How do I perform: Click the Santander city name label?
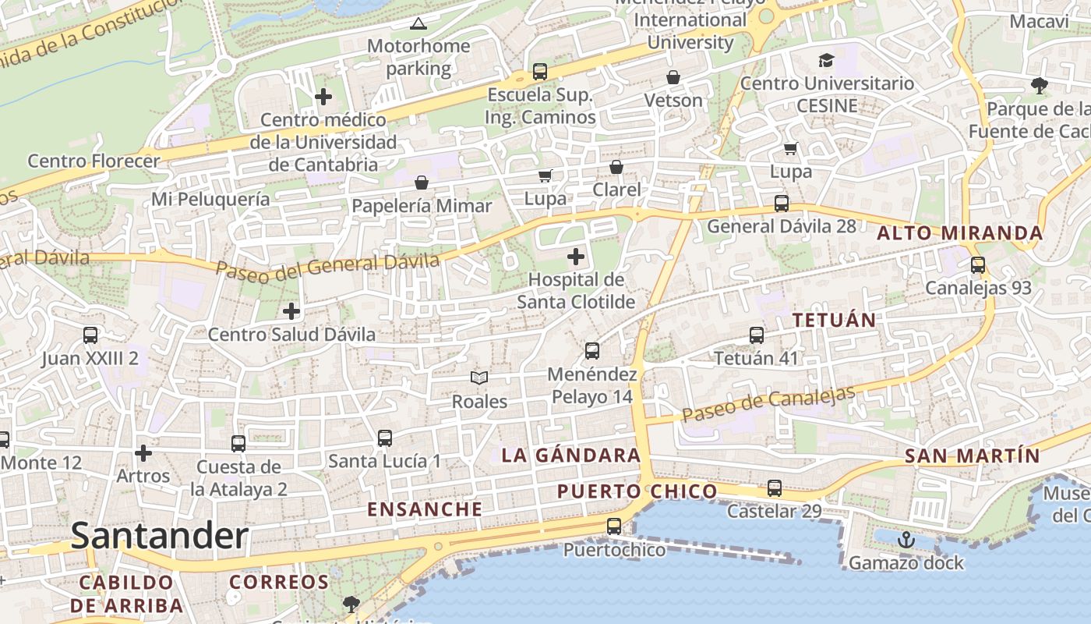pos(160,536)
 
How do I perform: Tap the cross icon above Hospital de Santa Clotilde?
pos(576,256)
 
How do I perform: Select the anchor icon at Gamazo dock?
pos(906,539)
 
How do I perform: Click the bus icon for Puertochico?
pos(614,526)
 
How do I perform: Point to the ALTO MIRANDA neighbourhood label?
pos(960,233)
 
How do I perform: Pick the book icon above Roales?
pos(479,378)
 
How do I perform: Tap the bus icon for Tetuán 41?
pos(757,335)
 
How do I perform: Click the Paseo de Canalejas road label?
pos(768,403)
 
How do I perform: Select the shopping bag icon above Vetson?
pos(673,77)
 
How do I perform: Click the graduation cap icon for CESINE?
pos(826,60)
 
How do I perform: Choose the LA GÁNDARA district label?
pos(571,456)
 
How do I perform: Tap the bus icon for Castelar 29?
pos(774,488)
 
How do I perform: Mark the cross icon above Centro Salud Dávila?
pos(291,311)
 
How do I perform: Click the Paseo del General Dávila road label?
pos(327,266)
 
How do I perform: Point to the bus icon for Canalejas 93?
pos(978,265)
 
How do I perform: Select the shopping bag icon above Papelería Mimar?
pos(422,183)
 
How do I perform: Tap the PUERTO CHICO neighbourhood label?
pos(637,491)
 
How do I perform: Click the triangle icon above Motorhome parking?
pos(418,23)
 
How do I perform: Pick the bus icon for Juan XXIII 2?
pos(90,335)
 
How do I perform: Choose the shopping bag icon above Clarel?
pos(616,167)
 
